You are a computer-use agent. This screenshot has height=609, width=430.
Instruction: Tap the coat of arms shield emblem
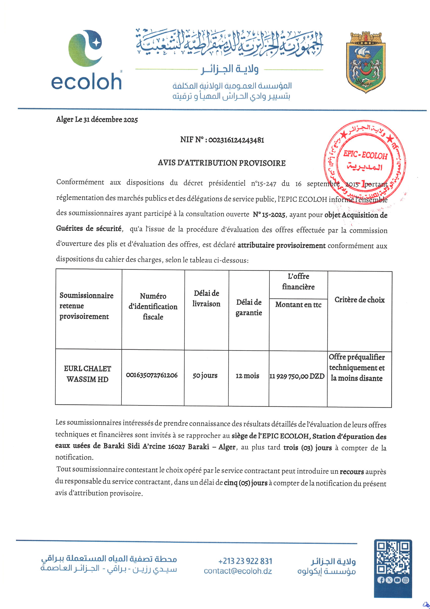click(x=366, y=63)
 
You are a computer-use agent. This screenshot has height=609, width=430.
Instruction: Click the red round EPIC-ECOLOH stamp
click(x=365, y=161)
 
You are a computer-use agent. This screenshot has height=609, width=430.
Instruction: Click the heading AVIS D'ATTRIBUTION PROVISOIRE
click(x=221, y=163)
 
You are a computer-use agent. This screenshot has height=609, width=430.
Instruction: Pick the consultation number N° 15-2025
click(x=269, y=215)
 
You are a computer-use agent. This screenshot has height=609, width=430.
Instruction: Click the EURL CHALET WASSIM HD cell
click(x=87, y=374)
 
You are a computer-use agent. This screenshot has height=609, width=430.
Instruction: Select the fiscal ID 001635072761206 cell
click(x=152, y=375)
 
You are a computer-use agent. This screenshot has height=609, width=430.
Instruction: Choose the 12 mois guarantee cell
click(x=247, y=376)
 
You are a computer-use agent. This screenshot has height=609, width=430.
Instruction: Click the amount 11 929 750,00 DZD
click(x=297, y=376)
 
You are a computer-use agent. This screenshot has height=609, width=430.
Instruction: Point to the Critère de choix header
click(x=359, y=300)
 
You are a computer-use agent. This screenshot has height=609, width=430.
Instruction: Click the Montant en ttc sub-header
click(x=298, y=304)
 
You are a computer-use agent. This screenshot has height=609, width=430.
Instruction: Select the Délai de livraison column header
click(x=206, y=299)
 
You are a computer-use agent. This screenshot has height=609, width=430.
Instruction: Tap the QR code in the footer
click(x=393, y=557)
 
